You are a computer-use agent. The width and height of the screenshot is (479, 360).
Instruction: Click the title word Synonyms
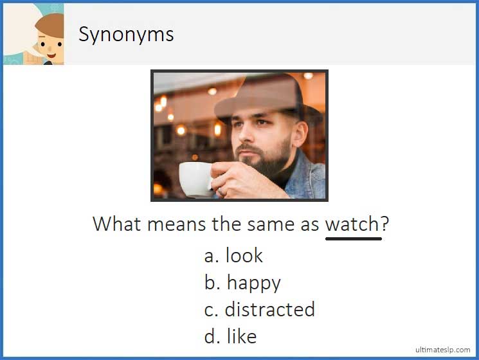[126, 34]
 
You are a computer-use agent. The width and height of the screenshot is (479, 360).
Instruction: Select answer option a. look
[233, 256]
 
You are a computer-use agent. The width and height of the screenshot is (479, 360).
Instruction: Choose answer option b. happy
[242, 283]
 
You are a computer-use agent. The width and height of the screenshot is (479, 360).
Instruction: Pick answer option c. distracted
[259, 309]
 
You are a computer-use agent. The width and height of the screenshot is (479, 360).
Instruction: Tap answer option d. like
[230, 336]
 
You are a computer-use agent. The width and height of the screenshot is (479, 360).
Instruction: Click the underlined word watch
[352, 224]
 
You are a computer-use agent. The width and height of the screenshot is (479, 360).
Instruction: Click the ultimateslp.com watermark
[443, 350]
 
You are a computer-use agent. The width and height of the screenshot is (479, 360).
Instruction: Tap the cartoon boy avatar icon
[48, 39]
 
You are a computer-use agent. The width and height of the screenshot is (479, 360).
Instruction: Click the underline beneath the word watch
[353, 239]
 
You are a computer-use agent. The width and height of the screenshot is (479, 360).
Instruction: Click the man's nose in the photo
[248, 138]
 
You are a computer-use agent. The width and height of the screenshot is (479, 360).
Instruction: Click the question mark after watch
[385, 224]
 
